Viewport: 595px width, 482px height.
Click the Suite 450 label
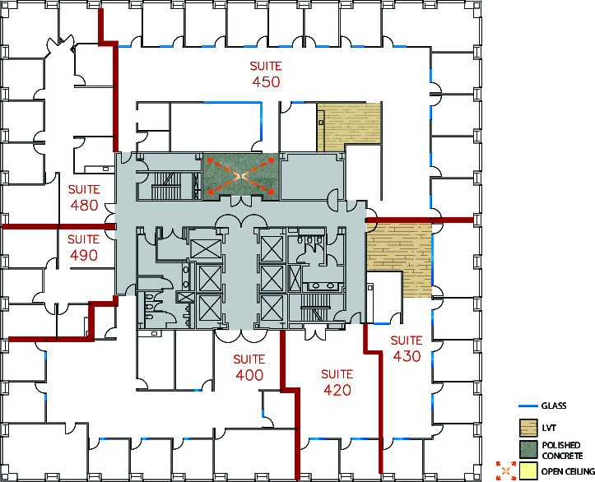266,74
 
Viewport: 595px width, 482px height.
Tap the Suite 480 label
84,197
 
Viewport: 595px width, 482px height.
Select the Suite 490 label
84,248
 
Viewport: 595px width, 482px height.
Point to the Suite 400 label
249,368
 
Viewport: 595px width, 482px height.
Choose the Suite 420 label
337,382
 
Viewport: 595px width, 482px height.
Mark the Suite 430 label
407,349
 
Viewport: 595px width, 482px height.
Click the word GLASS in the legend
554,406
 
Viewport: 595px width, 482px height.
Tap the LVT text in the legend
549,429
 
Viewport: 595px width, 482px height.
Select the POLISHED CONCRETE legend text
561,450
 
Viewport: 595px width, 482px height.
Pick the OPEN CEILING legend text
568,471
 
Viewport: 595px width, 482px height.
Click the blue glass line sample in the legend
528,406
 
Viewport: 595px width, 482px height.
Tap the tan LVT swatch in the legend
528,428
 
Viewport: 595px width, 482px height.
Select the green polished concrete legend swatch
528,449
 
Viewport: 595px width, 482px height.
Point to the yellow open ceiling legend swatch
528,470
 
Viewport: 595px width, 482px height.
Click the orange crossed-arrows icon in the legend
506,470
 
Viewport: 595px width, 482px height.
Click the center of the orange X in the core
241,176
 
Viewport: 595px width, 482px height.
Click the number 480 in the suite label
84,205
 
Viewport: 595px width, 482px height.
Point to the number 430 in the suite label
407,356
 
